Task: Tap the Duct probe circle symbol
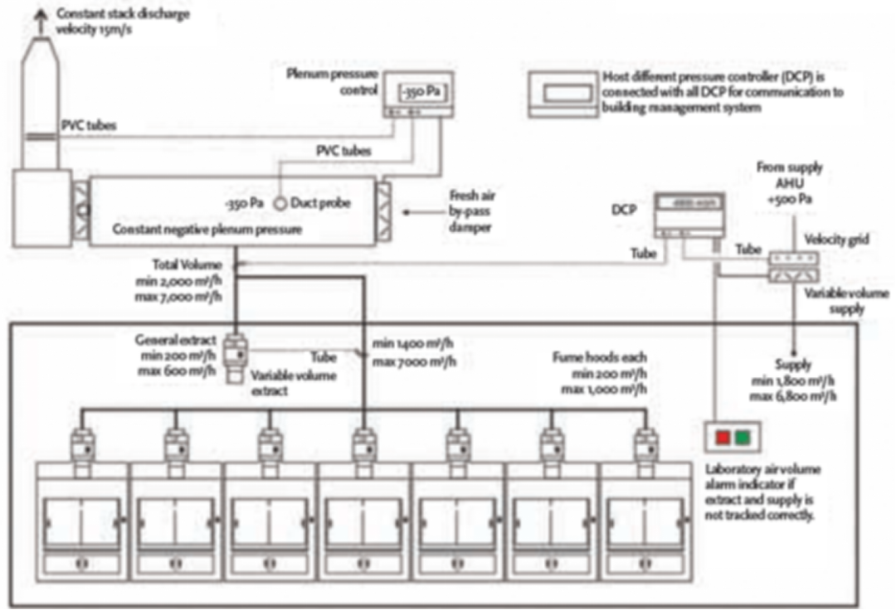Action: (x=280, y=203)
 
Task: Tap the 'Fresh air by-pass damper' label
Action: (x=471, y=211)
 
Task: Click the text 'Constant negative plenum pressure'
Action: (x=207, y=229)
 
